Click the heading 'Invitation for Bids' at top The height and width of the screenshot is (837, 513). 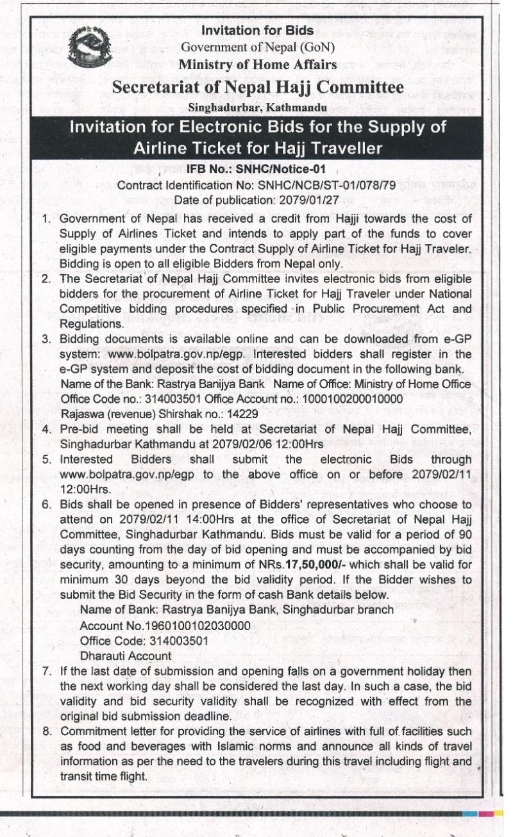pos(257,30)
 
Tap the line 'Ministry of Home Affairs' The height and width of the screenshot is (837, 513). pos(257,64)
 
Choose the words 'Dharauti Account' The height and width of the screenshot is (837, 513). pos(126,656)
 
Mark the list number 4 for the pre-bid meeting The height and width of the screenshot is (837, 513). pos(47,428)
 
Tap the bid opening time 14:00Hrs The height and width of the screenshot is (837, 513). pos(183,519)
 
